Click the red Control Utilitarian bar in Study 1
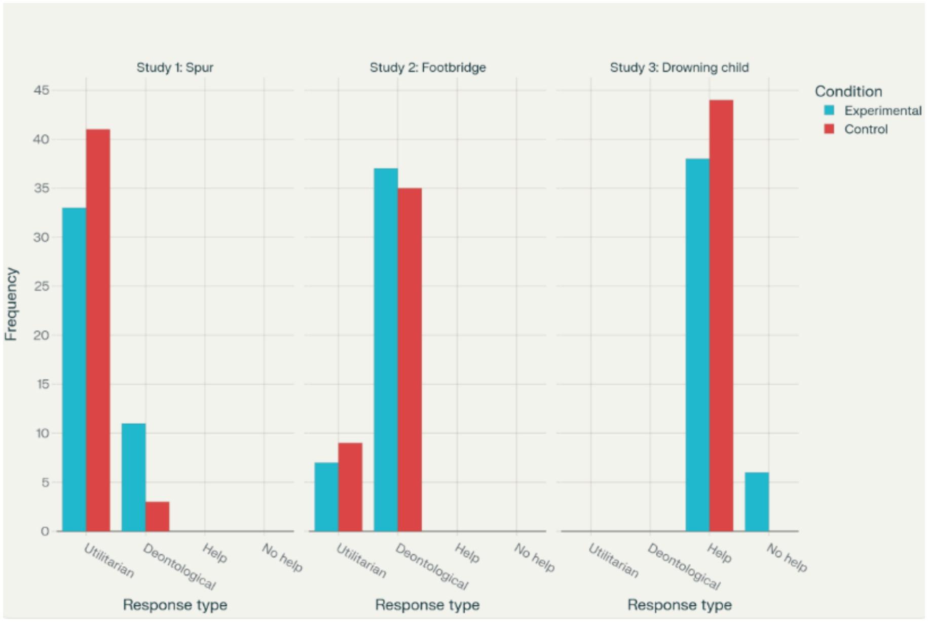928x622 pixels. pos(98,330)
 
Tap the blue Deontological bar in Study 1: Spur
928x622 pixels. pos(133,477)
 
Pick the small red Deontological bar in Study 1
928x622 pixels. pos(157,516)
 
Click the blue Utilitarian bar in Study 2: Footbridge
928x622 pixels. pos(326,497)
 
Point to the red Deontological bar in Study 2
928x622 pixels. pos(410,359)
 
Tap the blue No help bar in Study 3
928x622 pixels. pos(756,501)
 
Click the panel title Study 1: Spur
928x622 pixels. pos(175,67)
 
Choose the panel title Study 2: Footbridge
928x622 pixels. pos(427,67)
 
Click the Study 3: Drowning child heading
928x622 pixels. pos(679,67)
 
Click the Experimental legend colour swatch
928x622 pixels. pos(829,110)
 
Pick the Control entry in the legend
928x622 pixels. pos(866,129)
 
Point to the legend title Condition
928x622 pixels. pos(848,91)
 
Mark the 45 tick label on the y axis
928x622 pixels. pos(42,90)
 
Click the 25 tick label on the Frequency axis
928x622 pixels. pos(42,286)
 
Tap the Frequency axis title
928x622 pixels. pos(11,304)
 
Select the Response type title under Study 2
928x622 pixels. pos(427,605)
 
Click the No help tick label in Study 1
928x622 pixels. pos(282,558)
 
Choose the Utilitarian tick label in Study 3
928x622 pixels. pos(613,561)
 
